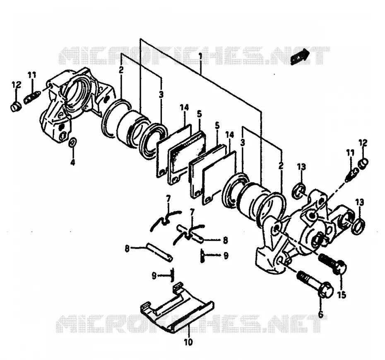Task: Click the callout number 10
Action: [x=188, y=342]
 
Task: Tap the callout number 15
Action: [x=342, y=295]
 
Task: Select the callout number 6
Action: [x=321, y=314]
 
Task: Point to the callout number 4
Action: [x=73, y=162]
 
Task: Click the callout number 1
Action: [x=201, y=57]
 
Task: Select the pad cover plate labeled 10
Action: [x=177, y=308]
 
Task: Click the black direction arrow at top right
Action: [x=300, y=57]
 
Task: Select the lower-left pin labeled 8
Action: [x=160, y=252]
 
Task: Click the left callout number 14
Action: [x=184, y=108]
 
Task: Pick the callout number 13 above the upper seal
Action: [x=301, y=167]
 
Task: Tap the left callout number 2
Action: [x=121, y=70]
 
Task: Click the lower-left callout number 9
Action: [x=154, y=276]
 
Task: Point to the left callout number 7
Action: [x=168, y=198]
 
